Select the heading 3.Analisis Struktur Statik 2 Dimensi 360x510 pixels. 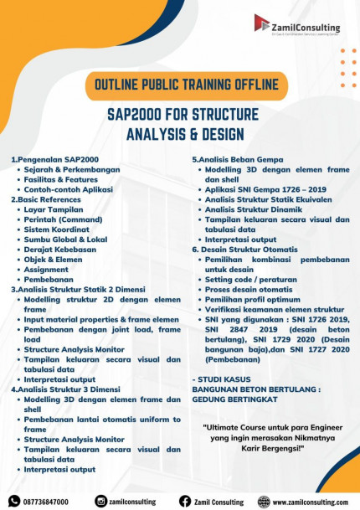click(89, 289)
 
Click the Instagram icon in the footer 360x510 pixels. click(100, 501)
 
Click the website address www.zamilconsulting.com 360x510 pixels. click(310, 501)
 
